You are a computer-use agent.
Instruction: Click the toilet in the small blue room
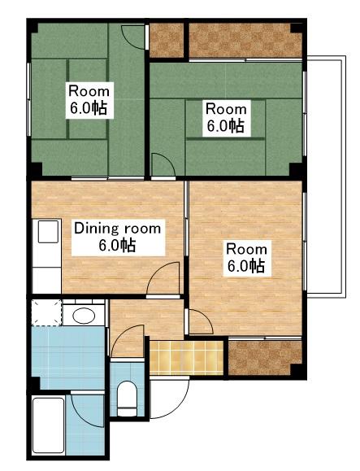tap(127, 399)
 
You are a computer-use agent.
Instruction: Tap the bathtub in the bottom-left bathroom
tap(48, 425)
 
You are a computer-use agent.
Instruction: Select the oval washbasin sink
tap(84, 316)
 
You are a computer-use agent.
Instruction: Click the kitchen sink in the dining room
tap(48, 231)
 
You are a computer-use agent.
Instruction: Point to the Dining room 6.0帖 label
tap(118, 238)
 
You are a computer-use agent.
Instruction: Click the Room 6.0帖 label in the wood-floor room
tap(246, 258)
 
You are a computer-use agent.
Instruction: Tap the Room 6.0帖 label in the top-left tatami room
tap(89, 100)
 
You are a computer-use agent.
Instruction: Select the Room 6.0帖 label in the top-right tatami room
tap(226, 118)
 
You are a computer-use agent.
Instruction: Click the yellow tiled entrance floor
tap(186, 358)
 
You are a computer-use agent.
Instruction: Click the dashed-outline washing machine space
tap(47, 312)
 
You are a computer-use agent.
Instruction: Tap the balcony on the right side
tap(326, 177)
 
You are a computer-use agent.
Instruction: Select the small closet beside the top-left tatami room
tap(167, 40)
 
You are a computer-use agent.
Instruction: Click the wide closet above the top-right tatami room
tap(245, 40)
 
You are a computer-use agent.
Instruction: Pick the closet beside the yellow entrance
tap(265, 358)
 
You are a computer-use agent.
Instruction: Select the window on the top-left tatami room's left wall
tap(29, 99)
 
